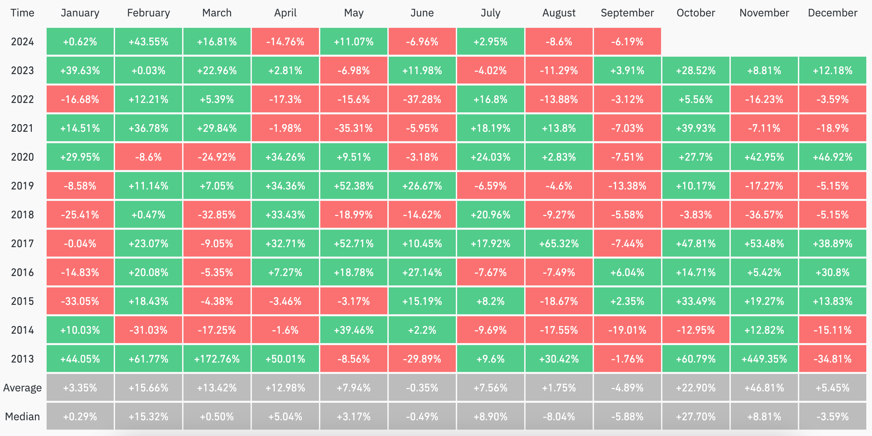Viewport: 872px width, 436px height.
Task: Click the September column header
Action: click(x=627, y=13)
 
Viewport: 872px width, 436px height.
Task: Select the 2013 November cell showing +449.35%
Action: click(x=764, y=359)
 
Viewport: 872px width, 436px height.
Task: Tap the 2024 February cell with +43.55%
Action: click(x=148, y=42)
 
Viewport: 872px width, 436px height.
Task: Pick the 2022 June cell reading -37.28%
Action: click(x=422, y=99)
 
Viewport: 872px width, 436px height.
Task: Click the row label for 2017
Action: click(x=22, y=243)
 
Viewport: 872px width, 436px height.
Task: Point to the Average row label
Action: click(x=22, y=388)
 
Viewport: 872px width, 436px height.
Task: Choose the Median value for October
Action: click(x=696, y=416)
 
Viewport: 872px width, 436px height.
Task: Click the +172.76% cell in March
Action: click(x=217, y=359)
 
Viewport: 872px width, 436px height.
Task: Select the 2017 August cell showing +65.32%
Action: click(x=558, y=243)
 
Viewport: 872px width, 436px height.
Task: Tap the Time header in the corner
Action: click(x=22, y=13)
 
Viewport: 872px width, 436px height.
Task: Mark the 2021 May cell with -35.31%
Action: click(x=353, y=128)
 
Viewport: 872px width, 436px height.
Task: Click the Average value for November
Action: click(x=764, y=388)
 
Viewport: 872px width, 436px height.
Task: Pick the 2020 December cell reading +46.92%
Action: click(x=832, y=157)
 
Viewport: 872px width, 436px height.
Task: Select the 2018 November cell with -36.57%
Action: click(x=764, y=215)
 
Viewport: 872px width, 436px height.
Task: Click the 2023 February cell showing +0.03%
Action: click(x=148, y=70)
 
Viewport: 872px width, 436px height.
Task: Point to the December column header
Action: click(x=832, y=13)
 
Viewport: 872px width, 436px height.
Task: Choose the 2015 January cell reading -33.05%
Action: click(x=80, y=301)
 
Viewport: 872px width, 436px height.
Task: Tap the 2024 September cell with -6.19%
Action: click(x=627, y=42)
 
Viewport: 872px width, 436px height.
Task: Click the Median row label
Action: click(x=22, y=416)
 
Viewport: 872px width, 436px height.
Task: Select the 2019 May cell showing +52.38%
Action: click(x=353, y=186)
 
